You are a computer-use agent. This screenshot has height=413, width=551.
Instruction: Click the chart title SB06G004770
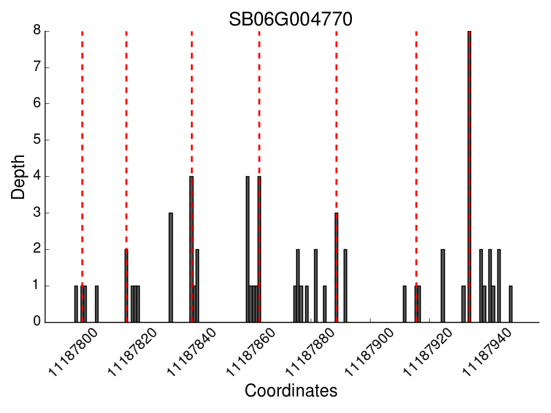[x=291, y=19]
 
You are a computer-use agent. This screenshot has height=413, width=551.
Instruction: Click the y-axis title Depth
[x=19, y=177]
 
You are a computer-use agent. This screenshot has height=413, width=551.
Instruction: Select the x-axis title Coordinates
[x=291, y=391]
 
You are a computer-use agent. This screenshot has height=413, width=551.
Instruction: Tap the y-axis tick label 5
[x=36, y=140]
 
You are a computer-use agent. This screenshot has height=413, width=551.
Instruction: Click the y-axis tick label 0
[x=36, y=322]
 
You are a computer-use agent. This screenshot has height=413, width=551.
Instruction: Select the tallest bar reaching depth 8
[x=469, y=172]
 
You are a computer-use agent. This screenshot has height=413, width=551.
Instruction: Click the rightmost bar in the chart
[x=510, y=304]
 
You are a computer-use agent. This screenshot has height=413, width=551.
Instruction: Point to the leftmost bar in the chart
[x=76, y=304]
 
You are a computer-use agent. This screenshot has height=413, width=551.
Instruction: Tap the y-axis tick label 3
[x=36, y=213]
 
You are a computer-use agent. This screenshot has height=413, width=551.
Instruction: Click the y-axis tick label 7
[x=36, y=67]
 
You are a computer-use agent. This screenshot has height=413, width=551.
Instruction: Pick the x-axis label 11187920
[x=427, y=352]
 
